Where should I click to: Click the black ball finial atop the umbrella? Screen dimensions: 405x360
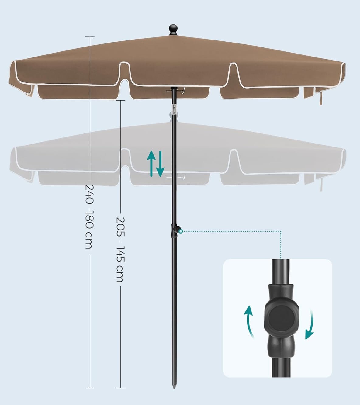click(x=173, y=29)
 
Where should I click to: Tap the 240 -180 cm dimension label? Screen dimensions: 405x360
click(x=89, y=216)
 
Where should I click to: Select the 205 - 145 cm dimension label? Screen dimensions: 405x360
click(x=120, y=249)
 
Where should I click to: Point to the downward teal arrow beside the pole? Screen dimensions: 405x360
click(x=160, y=164)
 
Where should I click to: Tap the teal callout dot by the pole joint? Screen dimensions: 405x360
click(x=181, y=231)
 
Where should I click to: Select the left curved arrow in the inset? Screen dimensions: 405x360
click(x=249, y=321)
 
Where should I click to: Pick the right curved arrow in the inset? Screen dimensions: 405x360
click(x=310, y=324)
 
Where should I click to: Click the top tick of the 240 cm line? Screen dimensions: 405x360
click(x=90, y=37)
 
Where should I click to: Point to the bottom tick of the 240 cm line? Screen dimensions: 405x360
click(x=90, y=388)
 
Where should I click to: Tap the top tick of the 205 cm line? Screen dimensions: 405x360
click(x=121, y=100)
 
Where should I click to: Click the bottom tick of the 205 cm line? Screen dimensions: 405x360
click(x=121, y=388)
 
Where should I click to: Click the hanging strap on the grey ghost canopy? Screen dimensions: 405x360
click(x=321, y=184)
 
